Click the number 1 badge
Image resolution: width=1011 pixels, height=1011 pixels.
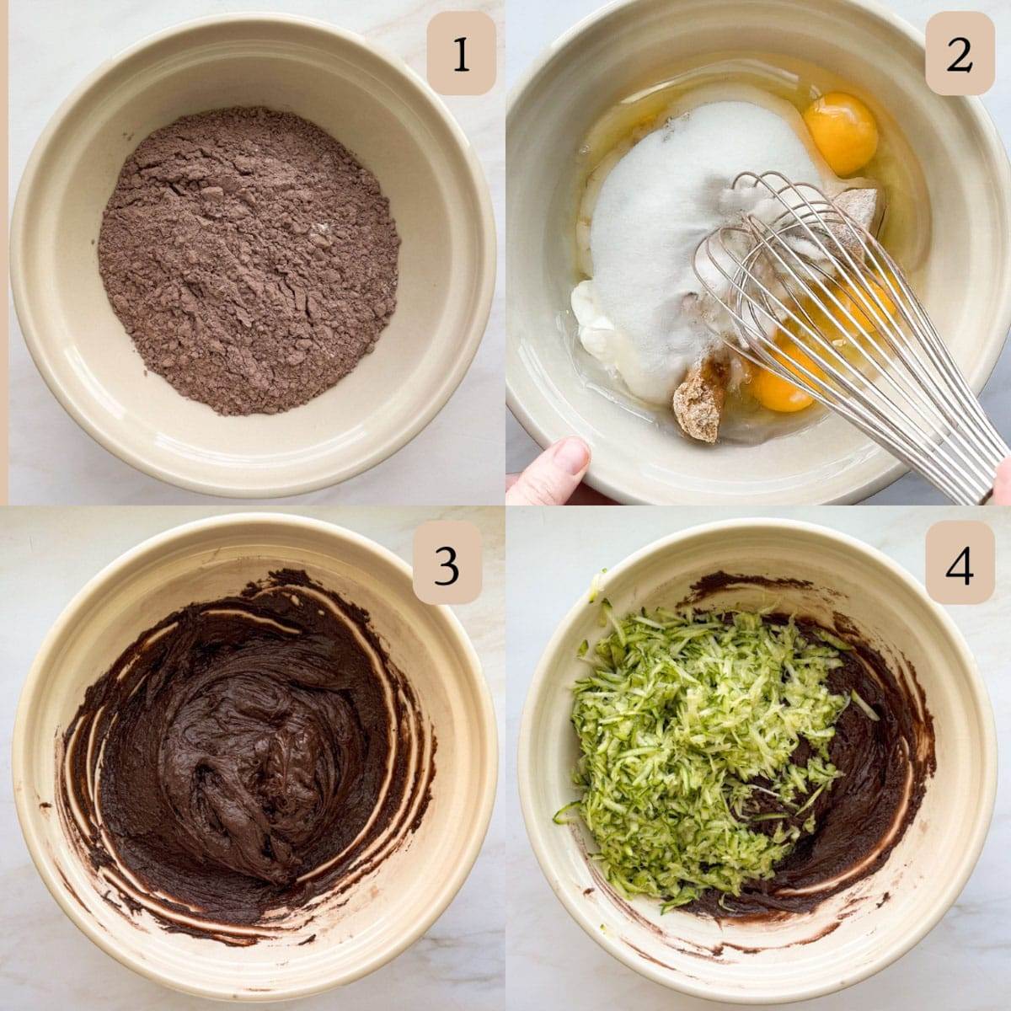(461, 54)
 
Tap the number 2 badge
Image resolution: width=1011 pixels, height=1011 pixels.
(960, 54)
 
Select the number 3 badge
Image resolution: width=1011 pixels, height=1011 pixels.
(447, 563)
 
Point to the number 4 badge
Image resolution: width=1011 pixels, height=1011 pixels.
(960, 563)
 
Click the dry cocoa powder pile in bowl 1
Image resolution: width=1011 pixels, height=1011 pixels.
(249, 259)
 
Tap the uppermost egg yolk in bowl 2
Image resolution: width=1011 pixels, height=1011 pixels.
(841, 133)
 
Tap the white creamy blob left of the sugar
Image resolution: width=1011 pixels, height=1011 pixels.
(598, 315)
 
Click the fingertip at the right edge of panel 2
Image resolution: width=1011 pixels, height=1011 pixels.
(1003, 483)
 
